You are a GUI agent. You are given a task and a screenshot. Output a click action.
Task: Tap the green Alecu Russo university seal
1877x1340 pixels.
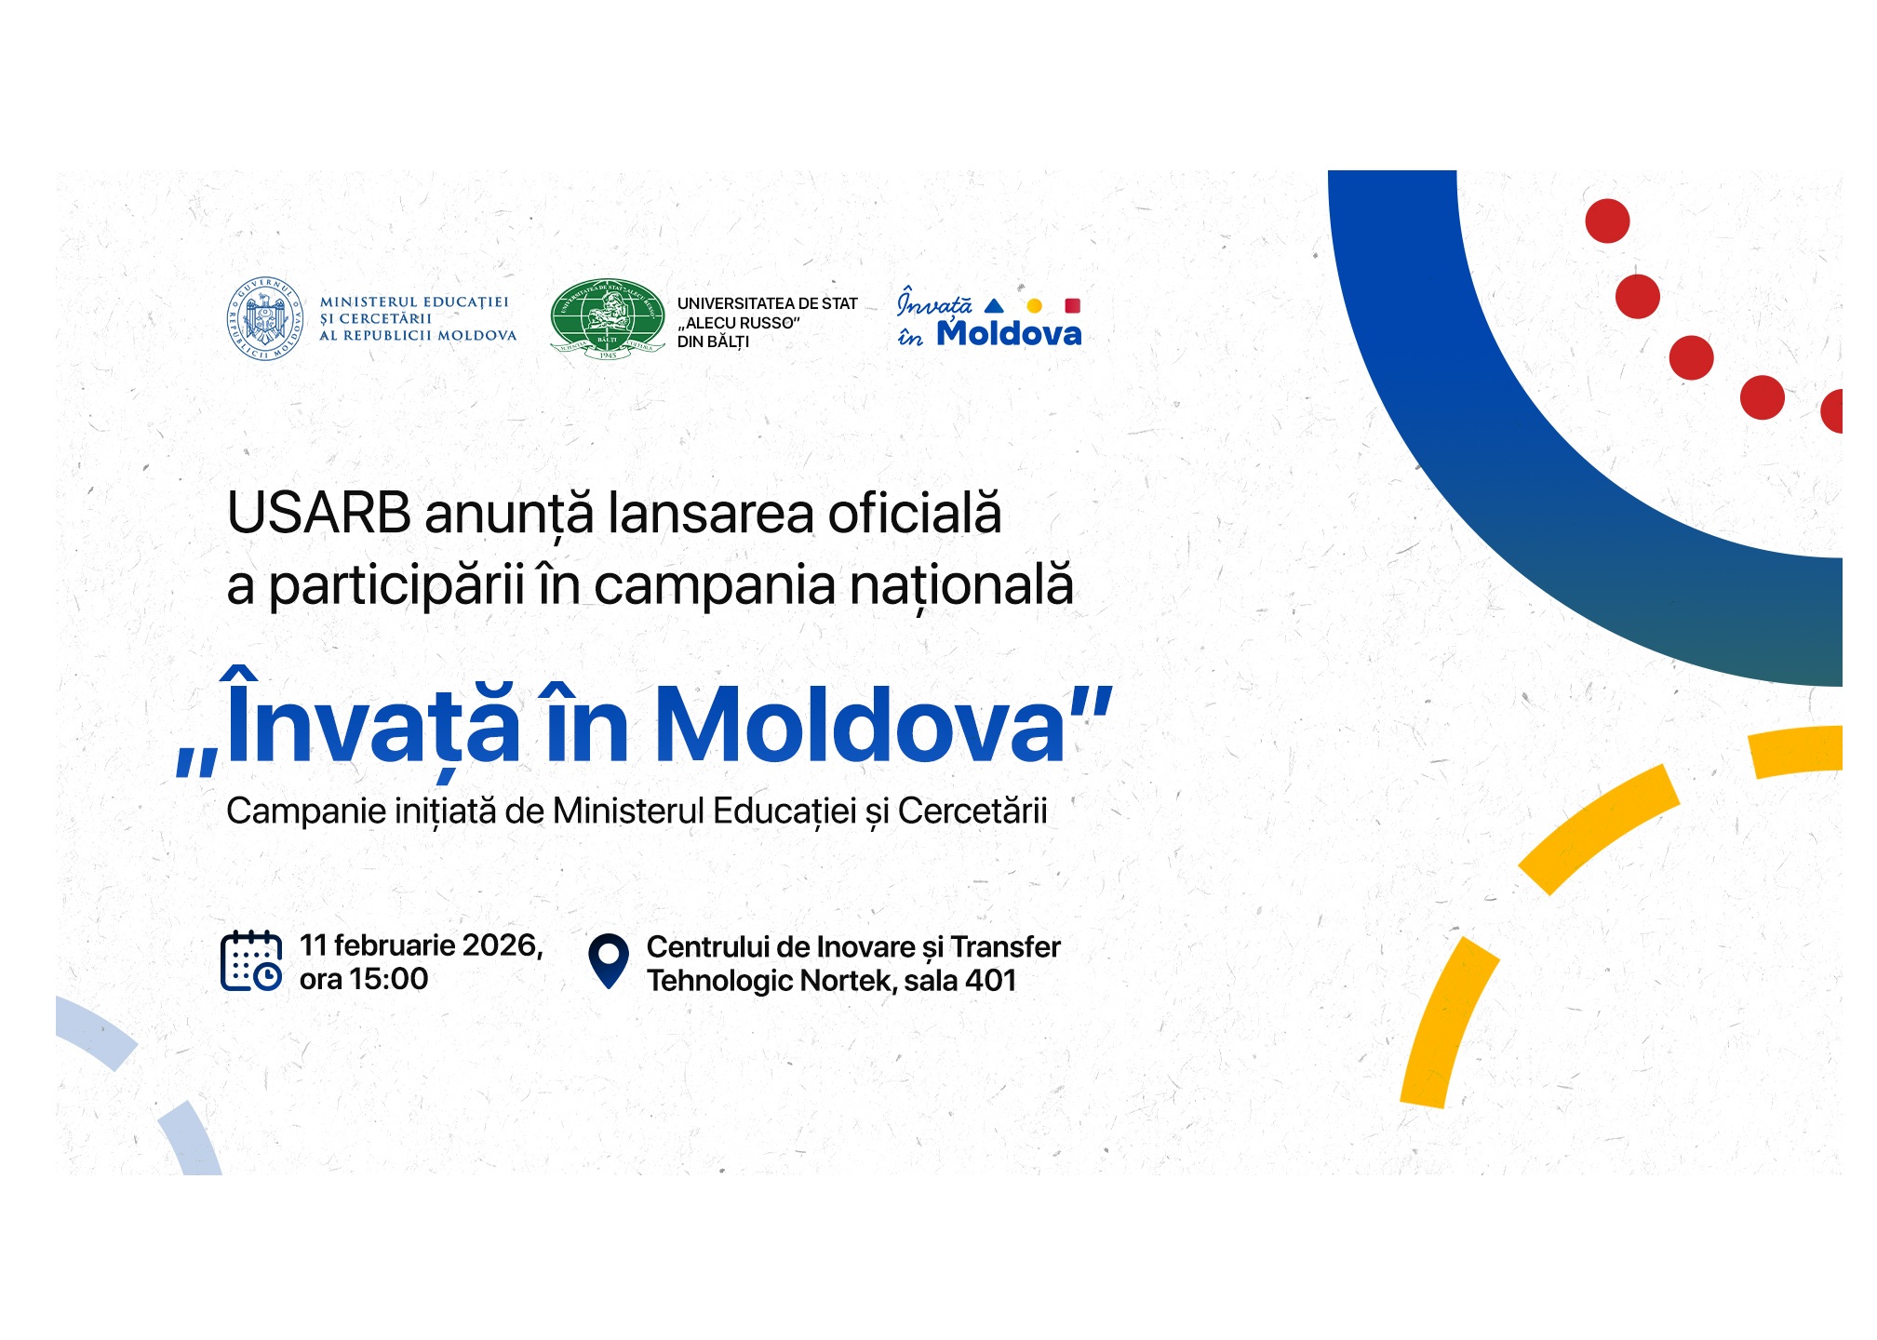(608, 318)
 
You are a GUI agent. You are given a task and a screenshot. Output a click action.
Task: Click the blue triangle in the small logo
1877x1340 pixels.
(994, 305)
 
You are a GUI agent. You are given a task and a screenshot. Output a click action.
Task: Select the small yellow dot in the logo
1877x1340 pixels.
(1034, 305)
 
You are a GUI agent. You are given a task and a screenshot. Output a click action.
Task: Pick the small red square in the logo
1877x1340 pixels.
(1072, 305)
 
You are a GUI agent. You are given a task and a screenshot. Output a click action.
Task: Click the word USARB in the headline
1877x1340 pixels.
(318, 513)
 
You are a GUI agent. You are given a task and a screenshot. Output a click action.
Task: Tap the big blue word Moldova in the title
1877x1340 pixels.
(860, 726)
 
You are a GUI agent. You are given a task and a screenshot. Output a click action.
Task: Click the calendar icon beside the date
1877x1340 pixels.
(251, 960)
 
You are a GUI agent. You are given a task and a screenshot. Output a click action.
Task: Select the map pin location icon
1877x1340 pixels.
(609, 960)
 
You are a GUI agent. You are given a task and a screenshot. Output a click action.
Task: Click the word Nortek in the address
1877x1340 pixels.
(847, 981)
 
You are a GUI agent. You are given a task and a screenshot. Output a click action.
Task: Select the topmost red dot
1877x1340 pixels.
(1607, 221)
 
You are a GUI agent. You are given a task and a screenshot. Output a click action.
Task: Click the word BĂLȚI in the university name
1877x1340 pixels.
(728, 342)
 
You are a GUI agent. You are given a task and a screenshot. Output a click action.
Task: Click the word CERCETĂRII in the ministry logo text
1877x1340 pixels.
(385, 318)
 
